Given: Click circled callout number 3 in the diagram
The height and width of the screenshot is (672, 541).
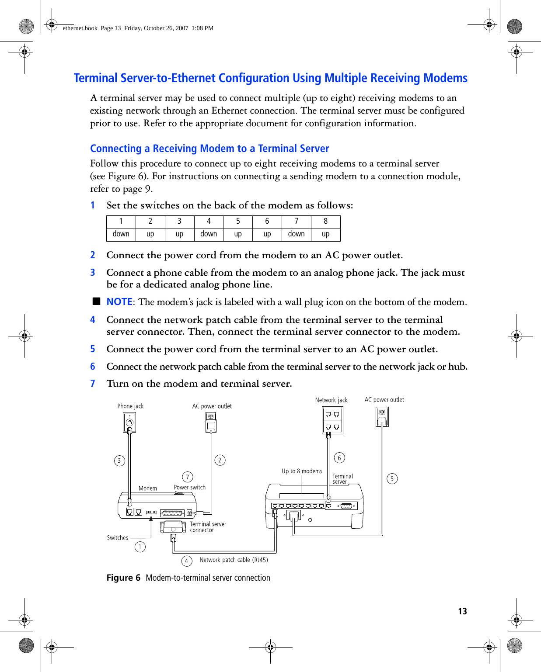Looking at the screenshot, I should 119,461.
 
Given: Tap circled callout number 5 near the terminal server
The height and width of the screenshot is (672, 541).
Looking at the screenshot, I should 392,479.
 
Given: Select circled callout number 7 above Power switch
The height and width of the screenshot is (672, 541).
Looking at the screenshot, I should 187,477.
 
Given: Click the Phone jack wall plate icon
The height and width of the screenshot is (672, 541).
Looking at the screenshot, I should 129,422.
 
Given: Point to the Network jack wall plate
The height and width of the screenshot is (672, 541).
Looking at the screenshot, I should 332,420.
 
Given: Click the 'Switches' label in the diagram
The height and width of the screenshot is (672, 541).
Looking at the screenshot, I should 118,538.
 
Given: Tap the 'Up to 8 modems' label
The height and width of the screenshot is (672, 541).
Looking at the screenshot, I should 302,471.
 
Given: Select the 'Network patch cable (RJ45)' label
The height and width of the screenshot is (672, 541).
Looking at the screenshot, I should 234,560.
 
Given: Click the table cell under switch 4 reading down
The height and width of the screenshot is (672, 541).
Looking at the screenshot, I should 209,234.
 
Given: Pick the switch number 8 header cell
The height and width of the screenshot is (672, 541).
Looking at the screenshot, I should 325,222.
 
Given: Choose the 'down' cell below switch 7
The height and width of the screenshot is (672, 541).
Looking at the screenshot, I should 296,234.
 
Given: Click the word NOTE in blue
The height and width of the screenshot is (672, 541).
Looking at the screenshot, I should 119,302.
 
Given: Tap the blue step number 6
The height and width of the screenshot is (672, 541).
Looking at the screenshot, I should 93,367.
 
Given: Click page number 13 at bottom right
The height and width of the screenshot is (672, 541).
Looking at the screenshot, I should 462,611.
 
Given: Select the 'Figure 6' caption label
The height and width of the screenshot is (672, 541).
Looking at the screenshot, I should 123,578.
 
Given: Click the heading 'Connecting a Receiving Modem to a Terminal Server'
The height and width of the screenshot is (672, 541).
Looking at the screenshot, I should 209,149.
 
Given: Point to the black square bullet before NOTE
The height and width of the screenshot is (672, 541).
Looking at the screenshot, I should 96,301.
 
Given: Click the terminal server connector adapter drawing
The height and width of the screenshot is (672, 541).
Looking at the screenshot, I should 173,527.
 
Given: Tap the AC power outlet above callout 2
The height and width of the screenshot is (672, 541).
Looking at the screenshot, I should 211,422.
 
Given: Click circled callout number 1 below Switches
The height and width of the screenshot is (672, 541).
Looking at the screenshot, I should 140,547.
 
